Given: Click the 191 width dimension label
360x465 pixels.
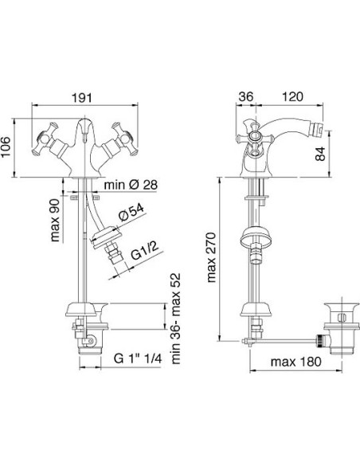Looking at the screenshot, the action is [83, 98].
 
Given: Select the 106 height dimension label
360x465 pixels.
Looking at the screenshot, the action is [6, 147].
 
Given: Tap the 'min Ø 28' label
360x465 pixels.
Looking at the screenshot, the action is [131, 185].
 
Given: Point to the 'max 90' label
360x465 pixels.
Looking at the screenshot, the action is [55, 220].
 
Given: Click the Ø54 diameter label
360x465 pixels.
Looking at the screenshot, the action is [131, 213].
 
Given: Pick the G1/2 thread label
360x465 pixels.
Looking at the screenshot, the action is [145, 251].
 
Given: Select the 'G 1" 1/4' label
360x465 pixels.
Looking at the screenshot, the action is [138, 358].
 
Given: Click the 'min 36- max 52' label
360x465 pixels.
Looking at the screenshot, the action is [176, 318].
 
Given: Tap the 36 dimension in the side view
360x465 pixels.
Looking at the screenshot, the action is [246, 96].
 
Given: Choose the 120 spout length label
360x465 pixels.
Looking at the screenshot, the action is [292, 96].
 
